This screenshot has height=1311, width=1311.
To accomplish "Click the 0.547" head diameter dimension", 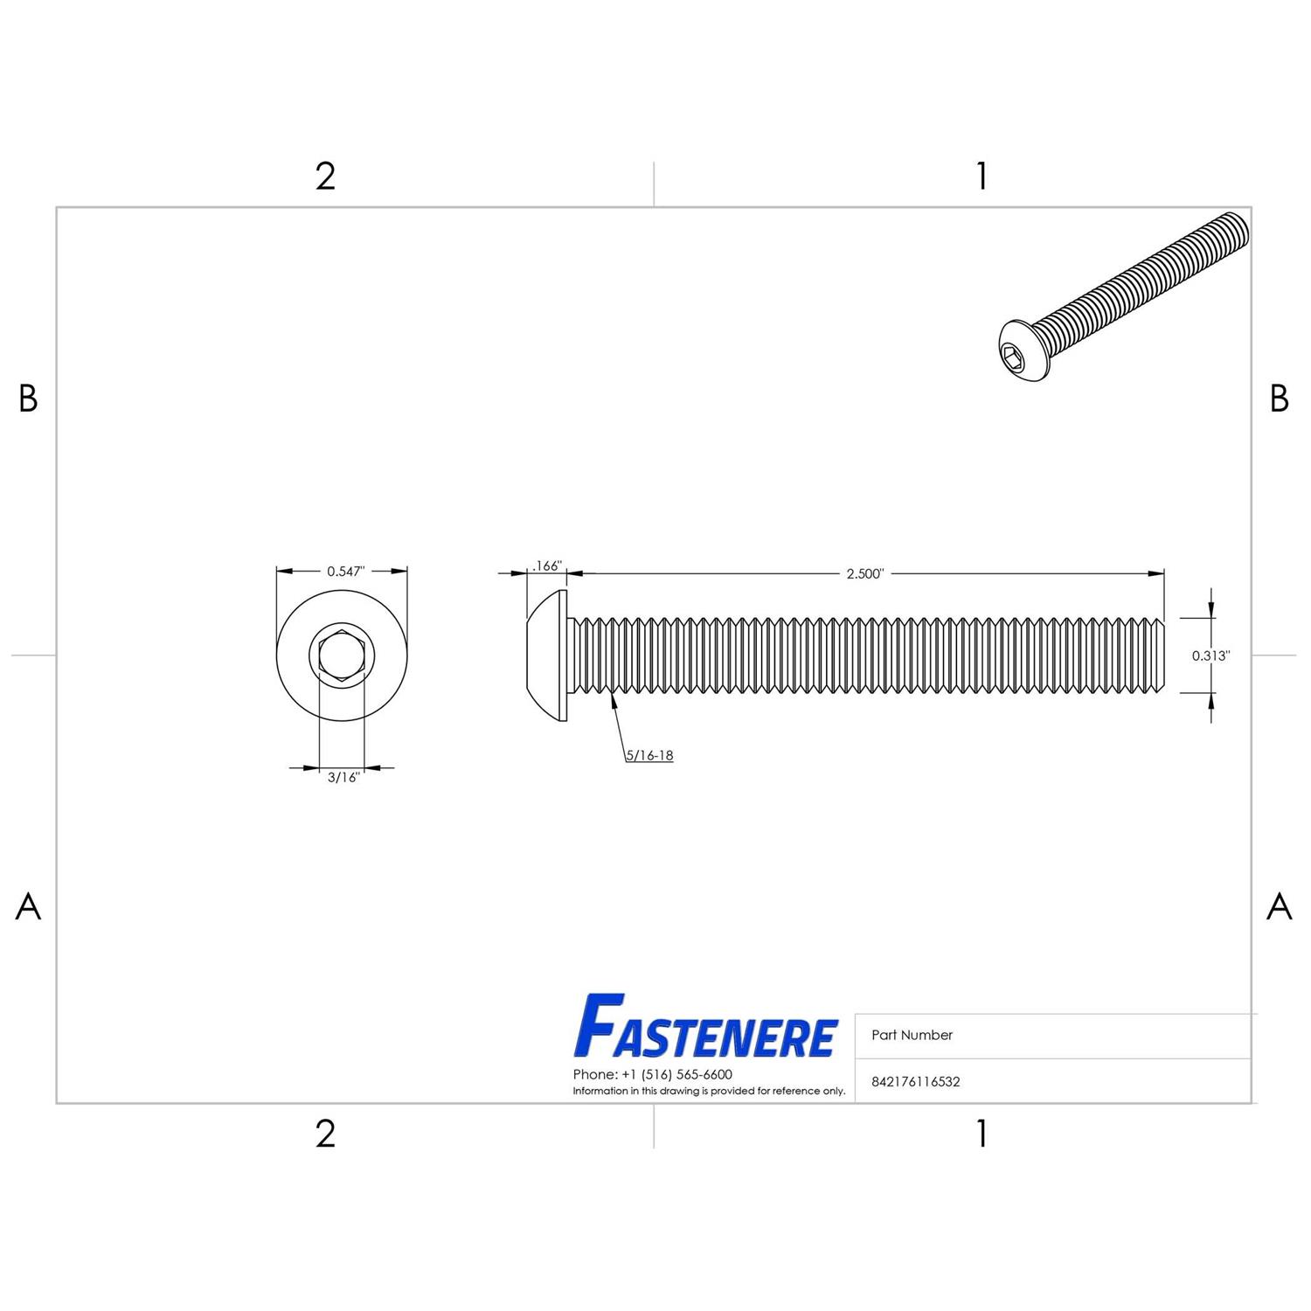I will [345, 572].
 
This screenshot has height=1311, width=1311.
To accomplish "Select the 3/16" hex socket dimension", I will [343, 777].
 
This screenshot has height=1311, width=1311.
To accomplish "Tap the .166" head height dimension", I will [546, 566].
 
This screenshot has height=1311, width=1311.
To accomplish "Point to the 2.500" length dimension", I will [865, 573].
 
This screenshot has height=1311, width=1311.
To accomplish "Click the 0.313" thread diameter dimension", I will [1210, 655].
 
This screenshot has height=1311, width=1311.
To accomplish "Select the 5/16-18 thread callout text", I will [649, 755].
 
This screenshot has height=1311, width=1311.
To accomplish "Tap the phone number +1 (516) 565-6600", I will [652, 1074].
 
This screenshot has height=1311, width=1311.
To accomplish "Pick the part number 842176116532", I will [915, 1081].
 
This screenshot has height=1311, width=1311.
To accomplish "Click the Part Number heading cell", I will [912, 1035].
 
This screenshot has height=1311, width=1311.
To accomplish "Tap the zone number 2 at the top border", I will [325, 177].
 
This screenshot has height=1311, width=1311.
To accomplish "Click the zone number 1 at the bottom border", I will [982, 1134].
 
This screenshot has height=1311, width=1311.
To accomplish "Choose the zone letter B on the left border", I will [28, 399].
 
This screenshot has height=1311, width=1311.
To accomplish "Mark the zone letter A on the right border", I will [1279, 906].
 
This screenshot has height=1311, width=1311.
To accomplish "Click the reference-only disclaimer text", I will [709, 1091].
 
